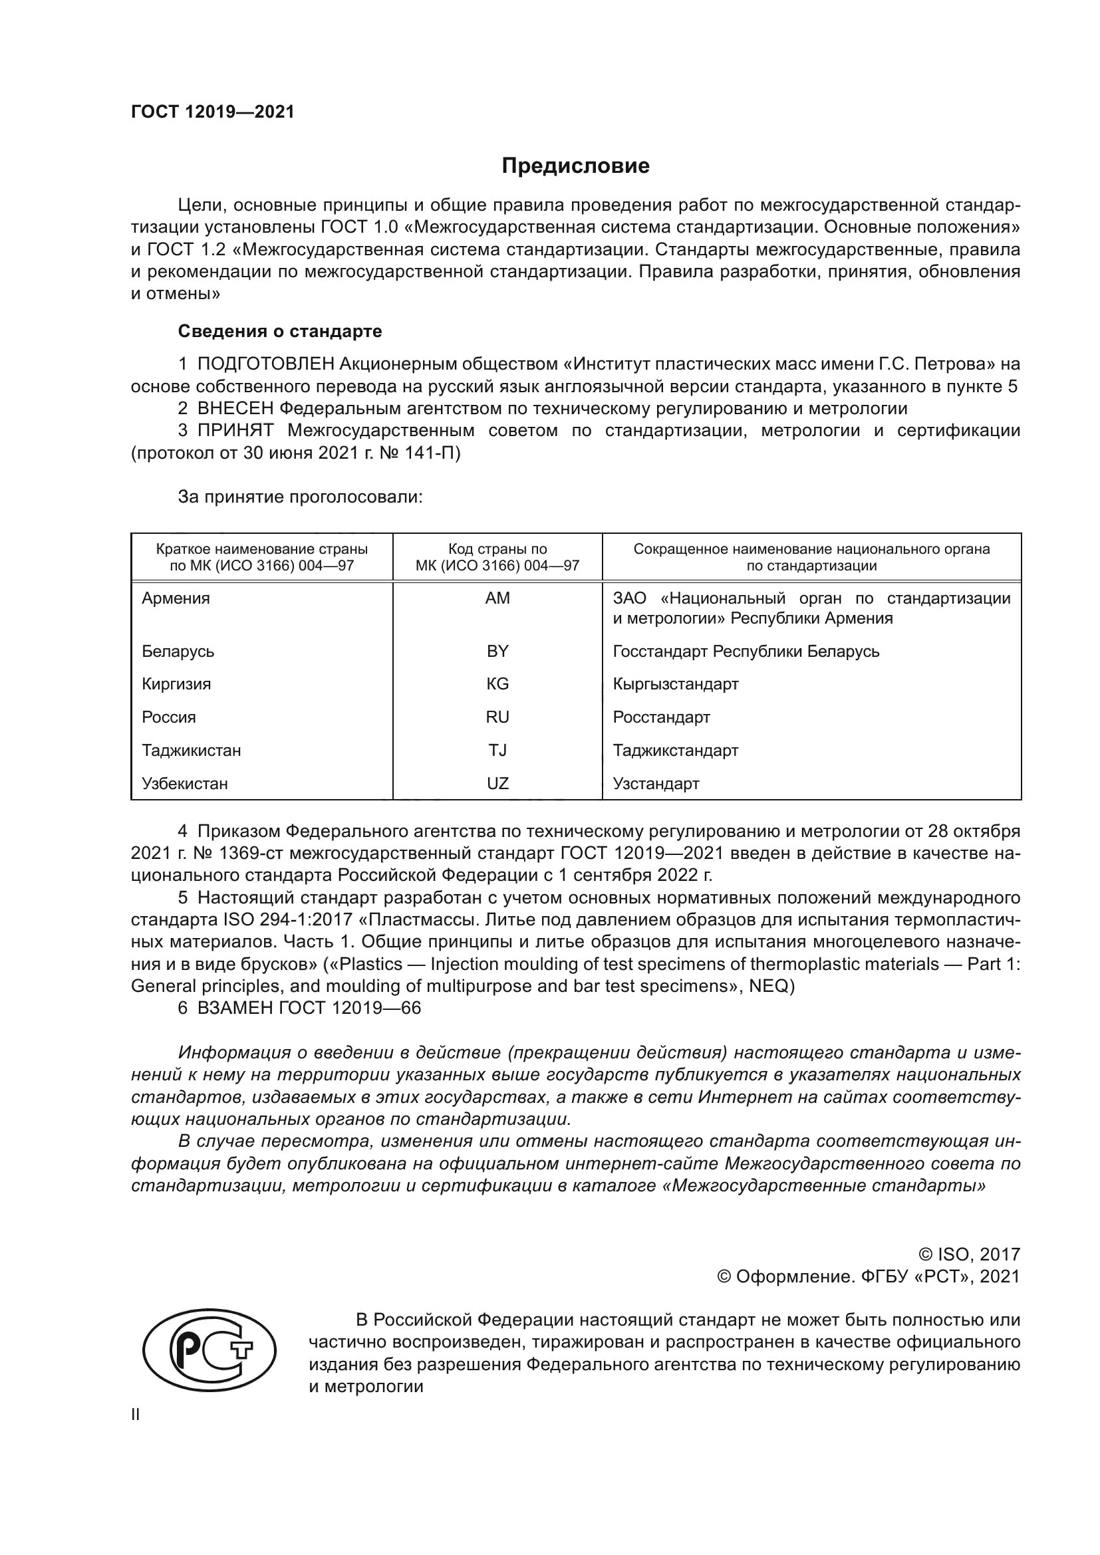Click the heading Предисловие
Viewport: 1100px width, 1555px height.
point(575,166)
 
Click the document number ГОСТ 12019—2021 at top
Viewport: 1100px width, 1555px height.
point(213,112)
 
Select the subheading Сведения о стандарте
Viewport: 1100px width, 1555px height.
point(280,331)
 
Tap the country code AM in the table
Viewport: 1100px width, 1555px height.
point(497,598)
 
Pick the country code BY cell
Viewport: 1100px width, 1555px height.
point(497,651)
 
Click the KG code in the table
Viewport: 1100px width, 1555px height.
point(497,684)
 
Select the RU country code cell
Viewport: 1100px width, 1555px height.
point(497,717)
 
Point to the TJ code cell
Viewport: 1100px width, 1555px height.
point(497,751)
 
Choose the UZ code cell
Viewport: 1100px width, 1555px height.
point(497,784)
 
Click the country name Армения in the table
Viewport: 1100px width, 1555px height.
point(176,598)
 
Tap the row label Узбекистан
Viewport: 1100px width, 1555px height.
point(185,784)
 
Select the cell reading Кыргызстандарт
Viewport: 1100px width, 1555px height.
point(675,684)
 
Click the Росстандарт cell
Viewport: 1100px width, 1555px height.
point(661,717)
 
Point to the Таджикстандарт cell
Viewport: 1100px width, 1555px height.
point(675,751)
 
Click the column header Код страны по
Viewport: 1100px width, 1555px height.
point(497,549)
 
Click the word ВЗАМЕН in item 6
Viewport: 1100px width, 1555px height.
point(235,1008)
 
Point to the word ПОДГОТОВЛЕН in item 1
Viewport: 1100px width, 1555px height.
point(265,364)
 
